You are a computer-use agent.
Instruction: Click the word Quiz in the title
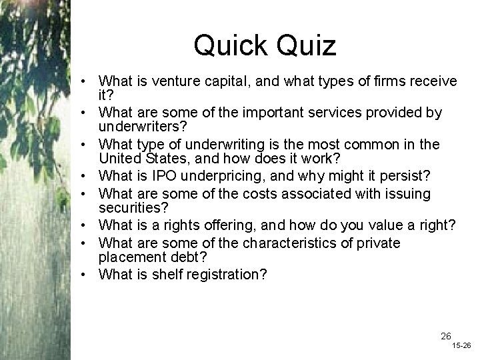tap(304, 45)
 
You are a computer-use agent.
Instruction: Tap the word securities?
tap(132, 208)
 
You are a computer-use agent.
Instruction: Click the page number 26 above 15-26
tap(446, 335)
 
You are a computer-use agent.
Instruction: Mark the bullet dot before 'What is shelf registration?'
tap(87, 273)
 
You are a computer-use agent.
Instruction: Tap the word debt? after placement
tap(183, 256)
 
